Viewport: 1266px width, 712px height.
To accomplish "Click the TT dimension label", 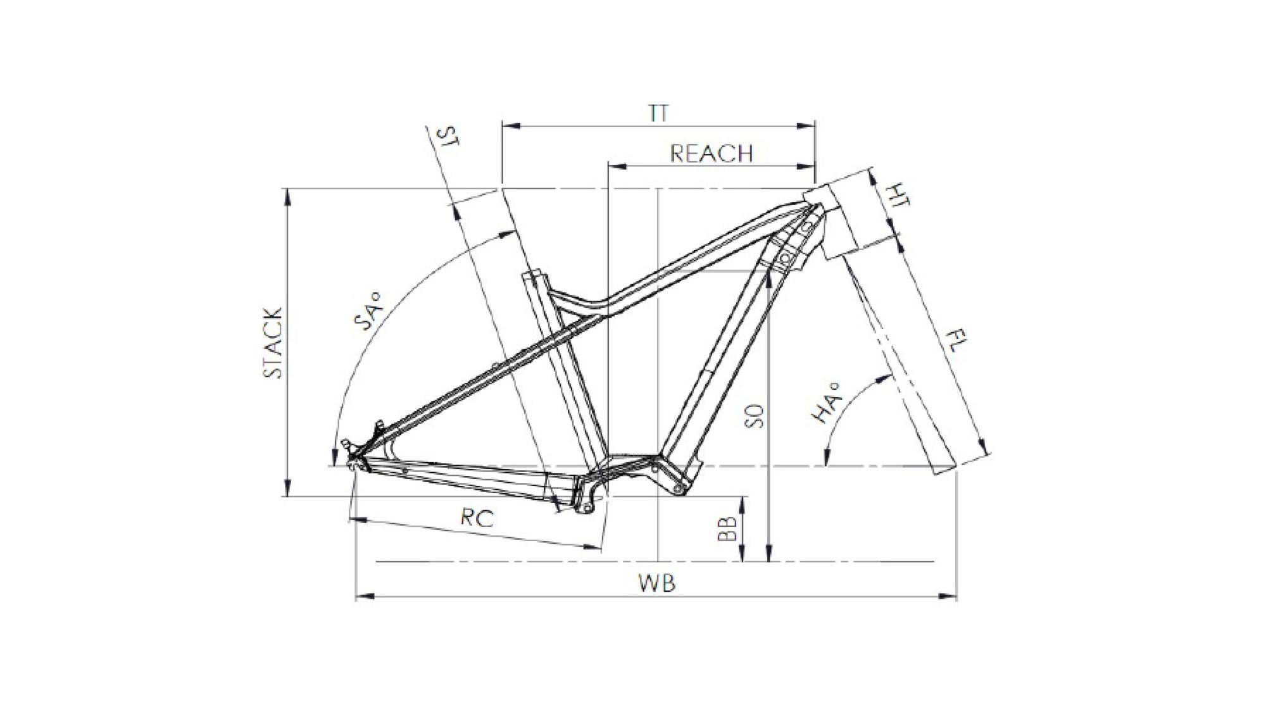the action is pyautogui.click(x=658, y=113).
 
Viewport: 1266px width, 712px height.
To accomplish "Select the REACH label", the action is pyautogui.click(x=711, y=154).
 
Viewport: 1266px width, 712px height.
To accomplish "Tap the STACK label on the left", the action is pyautogui.click(x=273, y=343).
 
